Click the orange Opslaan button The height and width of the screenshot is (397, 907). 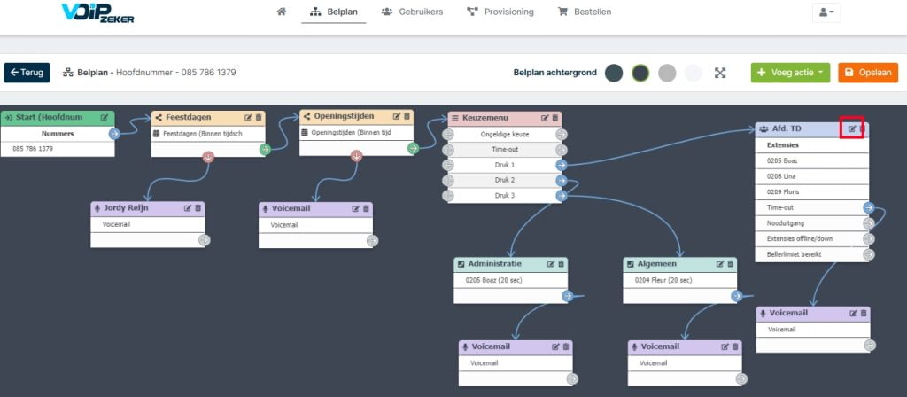(x=868, y=73)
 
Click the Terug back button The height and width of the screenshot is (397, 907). (x=27, y=73)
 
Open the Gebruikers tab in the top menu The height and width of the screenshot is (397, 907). (x=413, y=12)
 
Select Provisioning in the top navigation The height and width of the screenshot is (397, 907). (x=500, y=12)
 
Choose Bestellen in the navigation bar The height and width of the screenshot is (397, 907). (x=585, y=12)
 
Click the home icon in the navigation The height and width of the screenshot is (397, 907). (x=282, y=12)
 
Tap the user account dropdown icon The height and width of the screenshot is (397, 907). (x=826, y=12)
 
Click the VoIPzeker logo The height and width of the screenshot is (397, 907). (x=97, y=12)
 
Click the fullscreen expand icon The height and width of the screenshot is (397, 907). (x=719, y=73)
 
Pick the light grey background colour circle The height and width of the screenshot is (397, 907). (x=667, y=73)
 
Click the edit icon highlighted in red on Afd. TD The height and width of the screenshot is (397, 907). (x=852, y=128)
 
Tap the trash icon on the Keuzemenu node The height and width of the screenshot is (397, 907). (x=555, y=118)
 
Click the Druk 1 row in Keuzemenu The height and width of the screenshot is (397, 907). (x=504, y=165)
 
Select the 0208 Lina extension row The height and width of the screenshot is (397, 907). (x=812, y=176)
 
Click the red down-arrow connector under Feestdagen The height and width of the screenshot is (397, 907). (x=208, y=156)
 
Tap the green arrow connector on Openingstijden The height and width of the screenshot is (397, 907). (x=413, y=149)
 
